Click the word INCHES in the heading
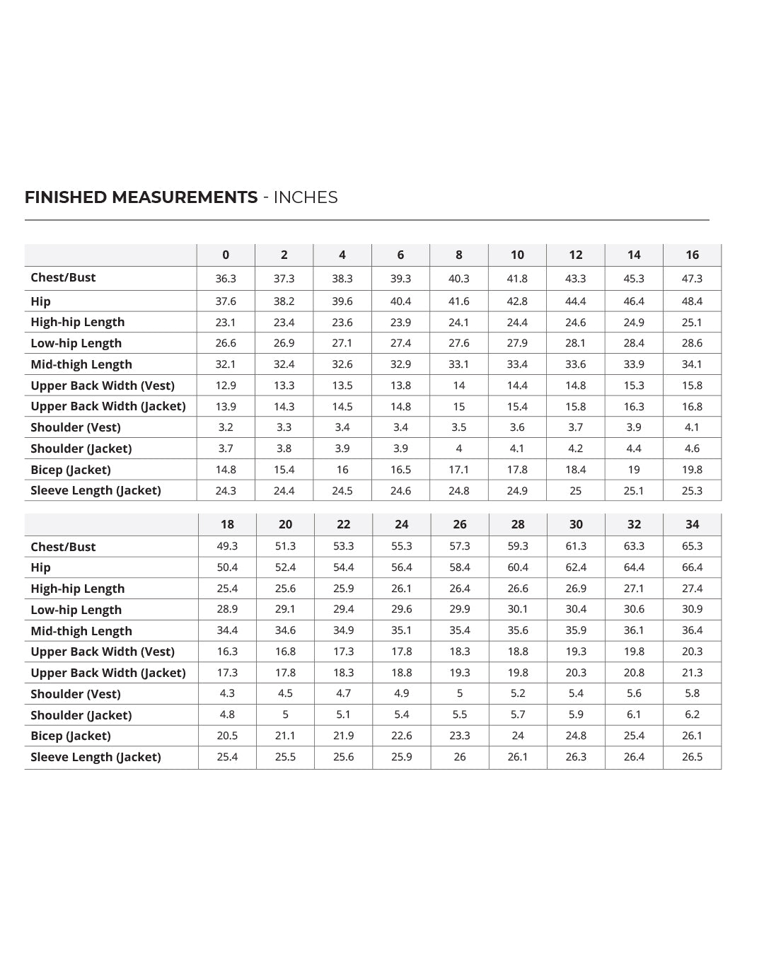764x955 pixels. point(306,197)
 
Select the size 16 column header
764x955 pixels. point(692,255)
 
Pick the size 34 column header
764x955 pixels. point(692,524)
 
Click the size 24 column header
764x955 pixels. point(401,524)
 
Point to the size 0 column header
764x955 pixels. point(226,255)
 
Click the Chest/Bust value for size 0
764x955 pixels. point(226,279)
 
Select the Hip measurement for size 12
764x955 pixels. point(576,301)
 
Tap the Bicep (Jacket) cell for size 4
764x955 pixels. point(342,470)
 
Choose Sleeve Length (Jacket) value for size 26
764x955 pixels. point(460,757)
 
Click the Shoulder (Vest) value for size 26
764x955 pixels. point(460,693)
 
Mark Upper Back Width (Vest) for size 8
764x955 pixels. point(459,386)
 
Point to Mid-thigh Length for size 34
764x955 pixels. point(692,630)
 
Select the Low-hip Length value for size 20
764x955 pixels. point(285,609)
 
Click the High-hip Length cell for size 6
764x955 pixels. point(400,323)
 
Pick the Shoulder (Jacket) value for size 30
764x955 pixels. point(576,714)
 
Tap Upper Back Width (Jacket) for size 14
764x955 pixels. point(634,407)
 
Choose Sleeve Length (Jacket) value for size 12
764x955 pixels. point(576,491)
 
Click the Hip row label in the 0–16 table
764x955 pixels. point(40,301)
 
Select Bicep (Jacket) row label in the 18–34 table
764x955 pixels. point(70,736)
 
